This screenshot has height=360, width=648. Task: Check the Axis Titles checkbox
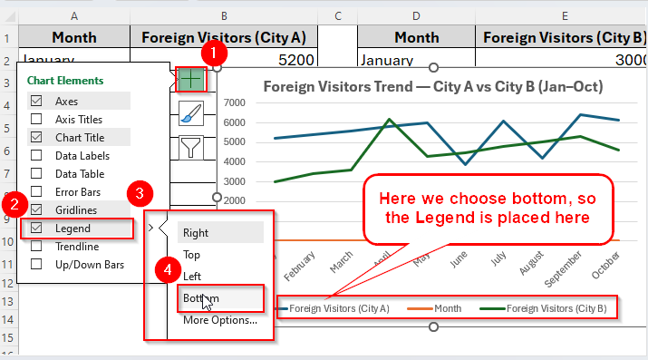(37, 120)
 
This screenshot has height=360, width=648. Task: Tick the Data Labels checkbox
(37, 155)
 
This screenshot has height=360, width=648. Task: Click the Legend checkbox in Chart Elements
(37, 228)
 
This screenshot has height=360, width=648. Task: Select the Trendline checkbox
(37, 246)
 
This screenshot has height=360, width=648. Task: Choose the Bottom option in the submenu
(200, 297)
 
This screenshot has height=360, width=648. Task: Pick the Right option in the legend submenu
(196, 233)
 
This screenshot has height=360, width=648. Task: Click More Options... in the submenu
(219, 319)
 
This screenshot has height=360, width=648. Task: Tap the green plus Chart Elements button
(190, 79)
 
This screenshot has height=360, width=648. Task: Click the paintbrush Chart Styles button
(190, 112)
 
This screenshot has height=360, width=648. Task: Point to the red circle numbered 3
(139, 193)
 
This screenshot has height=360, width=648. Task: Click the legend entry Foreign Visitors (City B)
(556, 309)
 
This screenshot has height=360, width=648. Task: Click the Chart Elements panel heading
(65, 81)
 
